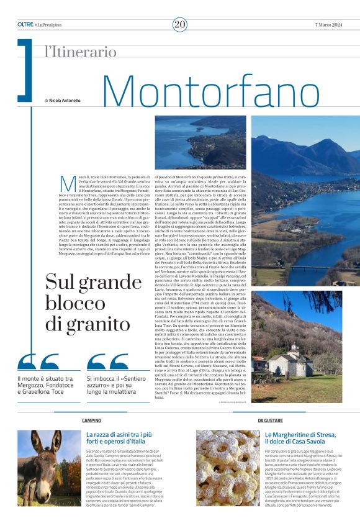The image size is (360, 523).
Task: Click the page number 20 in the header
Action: coord(180,24)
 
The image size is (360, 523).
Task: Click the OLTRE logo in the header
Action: coord(25,24)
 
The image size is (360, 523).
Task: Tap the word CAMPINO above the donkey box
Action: coord(92,421)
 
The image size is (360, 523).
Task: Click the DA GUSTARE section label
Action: coord(270,421)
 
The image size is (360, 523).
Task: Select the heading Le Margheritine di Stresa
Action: coord(300,439)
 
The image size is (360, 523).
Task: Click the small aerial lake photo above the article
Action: coord(200,142)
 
